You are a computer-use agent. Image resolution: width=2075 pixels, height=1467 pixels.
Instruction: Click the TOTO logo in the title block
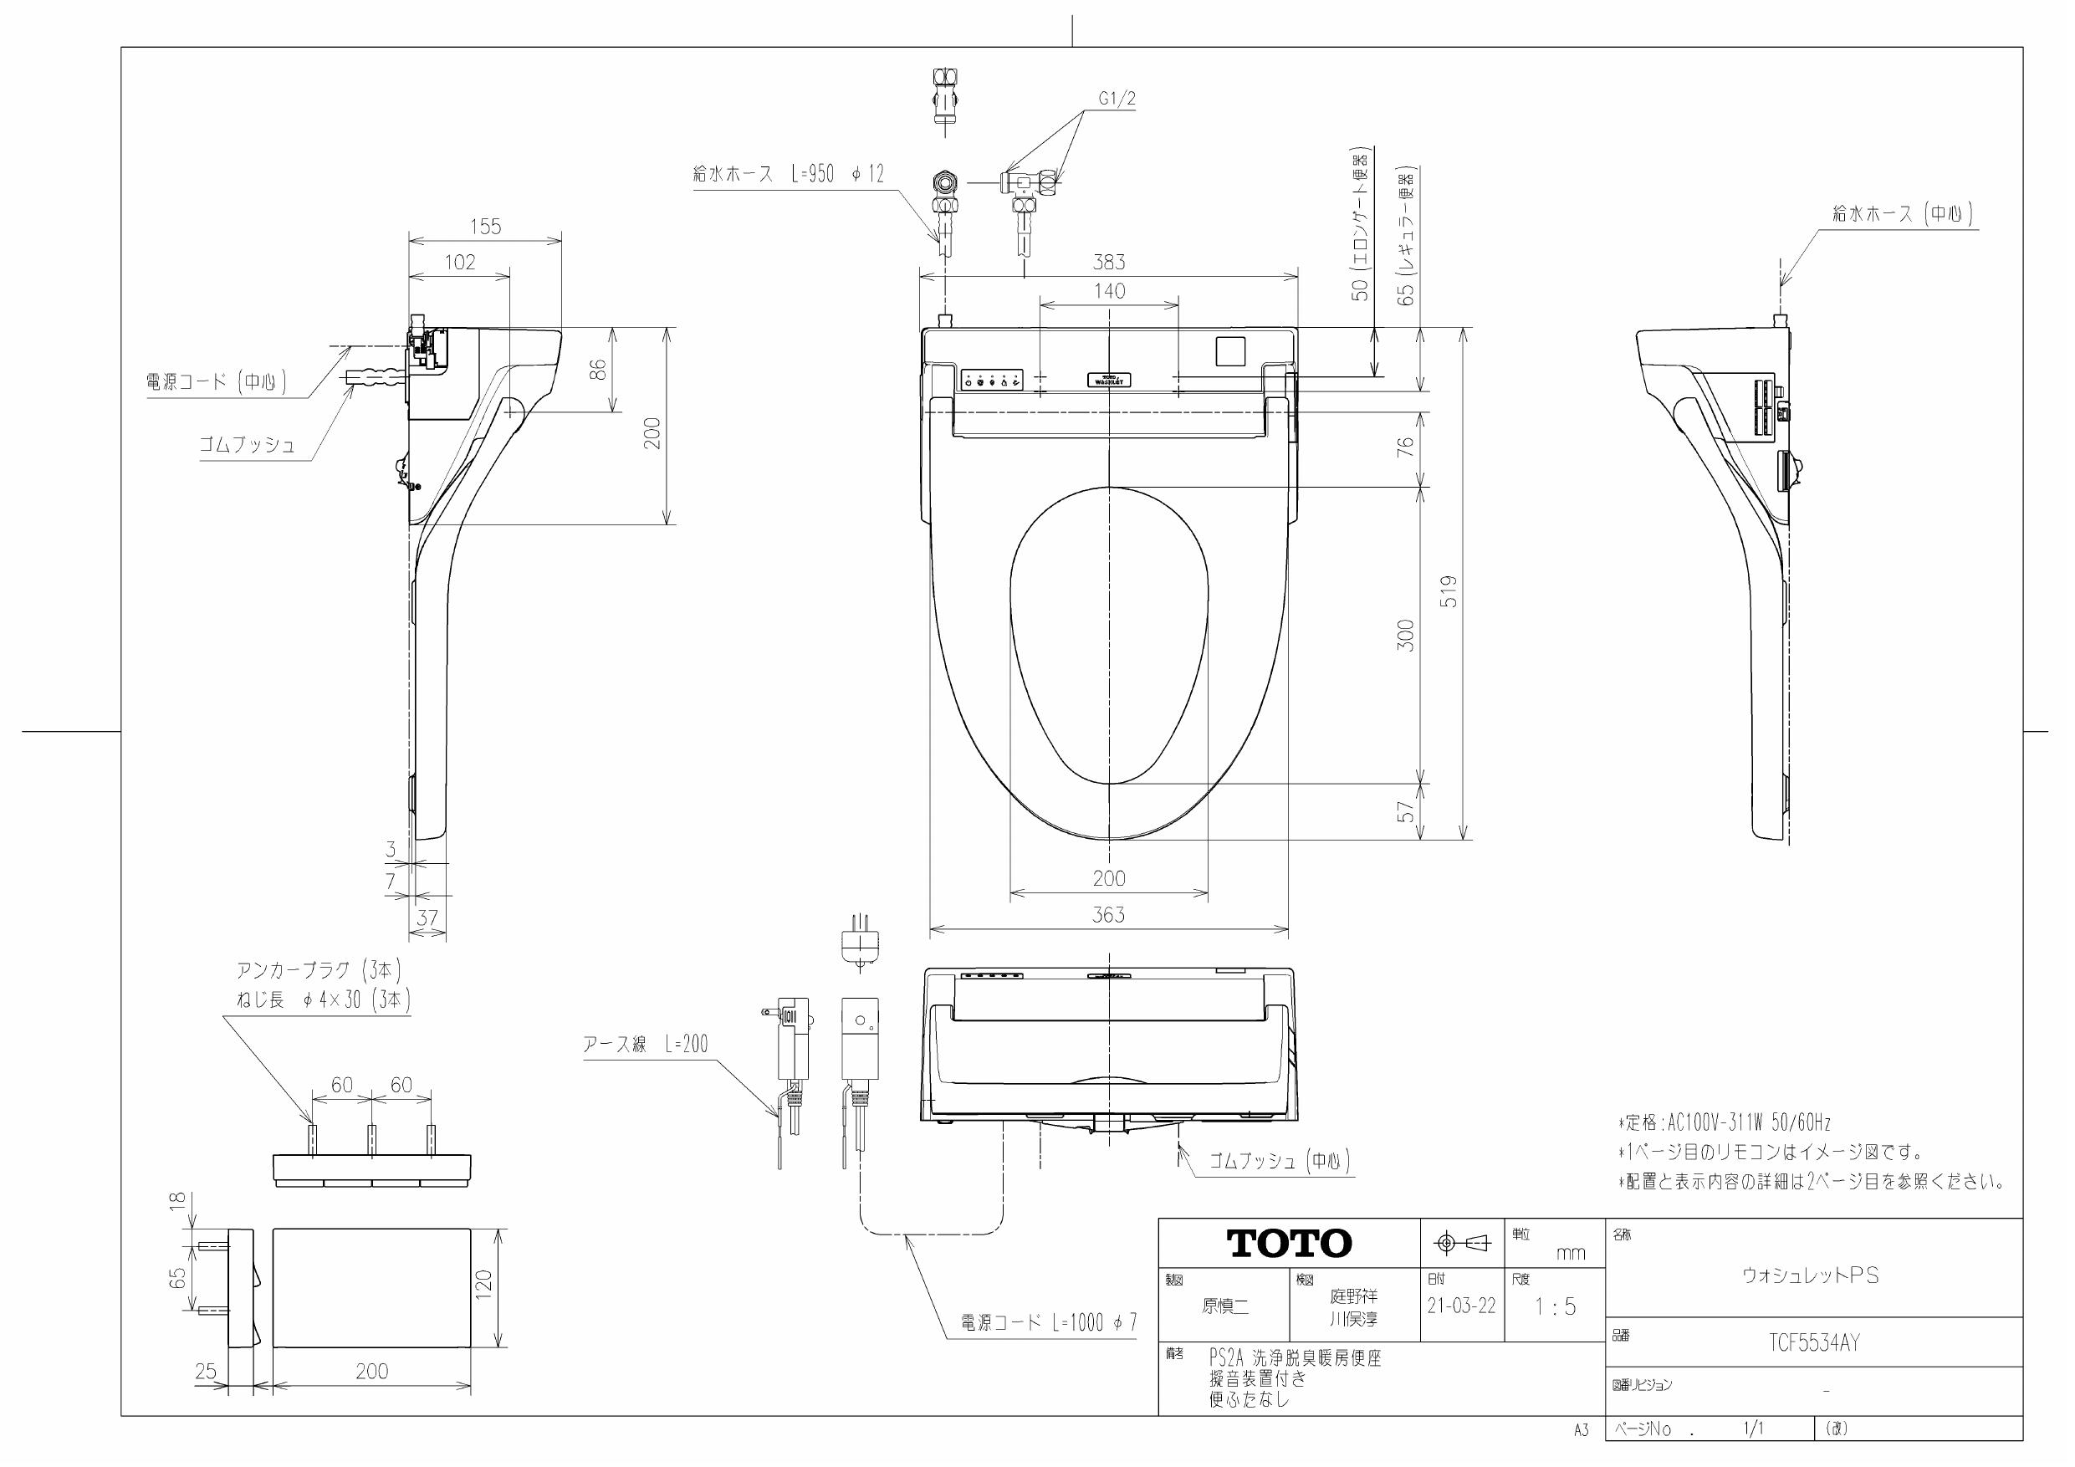coord(1289,1244)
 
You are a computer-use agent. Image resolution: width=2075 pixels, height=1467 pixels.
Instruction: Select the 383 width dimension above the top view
coord(1108,262)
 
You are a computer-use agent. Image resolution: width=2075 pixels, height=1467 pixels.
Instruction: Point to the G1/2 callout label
coord(1117,100)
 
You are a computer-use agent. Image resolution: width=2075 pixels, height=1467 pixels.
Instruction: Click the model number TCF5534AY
coord(1814,1343)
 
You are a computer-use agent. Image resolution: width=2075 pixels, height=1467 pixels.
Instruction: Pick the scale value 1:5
coord(1555,1306)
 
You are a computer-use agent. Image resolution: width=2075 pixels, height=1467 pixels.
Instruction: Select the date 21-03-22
coord(1460,1306)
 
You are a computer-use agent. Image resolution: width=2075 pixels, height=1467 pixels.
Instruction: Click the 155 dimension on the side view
coord(485,227)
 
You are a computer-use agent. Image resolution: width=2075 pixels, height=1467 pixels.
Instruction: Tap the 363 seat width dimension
coord(1108,915)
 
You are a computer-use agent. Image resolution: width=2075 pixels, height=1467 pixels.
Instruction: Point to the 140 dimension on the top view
coord(1109,291)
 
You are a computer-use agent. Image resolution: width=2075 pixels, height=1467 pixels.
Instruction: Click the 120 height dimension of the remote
coord(484,1285)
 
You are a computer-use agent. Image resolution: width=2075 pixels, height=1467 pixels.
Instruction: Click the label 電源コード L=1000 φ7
coord(1048,1322)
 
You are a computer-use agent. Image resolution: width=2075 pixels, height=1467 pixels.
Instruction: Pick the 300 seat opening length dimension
coord(1405,635)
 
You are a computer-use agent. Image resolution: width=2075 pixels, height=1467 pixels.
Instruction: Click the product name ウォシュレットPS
coord(1810,1275)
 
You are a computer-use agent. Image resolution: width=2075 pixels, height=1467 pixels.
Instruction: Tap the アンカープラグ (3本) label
coord(318,970)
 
